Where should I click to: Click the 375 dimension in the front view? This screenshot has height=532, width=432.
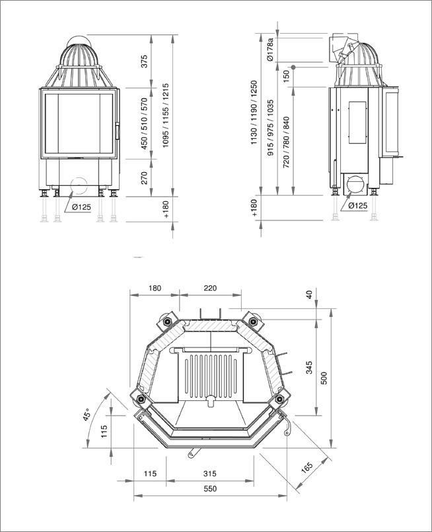tap(145, 62)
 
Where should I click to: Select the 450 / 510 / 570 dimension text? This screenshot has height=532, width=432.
tap(145, 124)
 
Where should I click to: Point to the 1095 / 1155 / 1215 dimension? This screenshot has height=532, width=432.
tap(166, 115)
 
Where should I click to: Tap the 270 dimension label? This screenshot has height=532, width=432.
tap(145, 178)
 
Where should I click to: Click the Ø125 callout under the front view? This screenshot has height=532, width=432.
tap(81, 206)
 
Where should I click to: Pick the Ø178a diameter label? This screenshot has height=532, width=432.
tap(270, 50)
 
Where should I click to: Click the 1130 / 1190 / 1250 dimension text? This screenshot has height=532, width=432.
tap(254, 112)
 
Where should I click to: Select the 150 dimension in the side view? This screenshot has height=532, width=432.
tap(286, 76)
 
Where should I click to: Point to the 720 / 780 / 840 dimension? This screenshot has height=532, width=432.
tap(286, 142)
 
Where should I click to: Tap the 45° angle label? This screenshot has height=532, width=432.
tap(87, 415)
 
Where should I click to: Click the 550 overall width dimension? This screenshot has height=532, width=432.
tap(210, 488)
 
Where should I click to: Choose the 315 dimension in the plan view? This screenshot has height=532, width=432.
tap(210, 473)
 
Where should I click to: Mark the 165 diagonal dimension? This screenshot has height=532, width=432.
tap(307, 467)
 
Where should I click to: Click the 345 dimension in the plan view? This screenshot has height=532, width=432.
tap(309, 368)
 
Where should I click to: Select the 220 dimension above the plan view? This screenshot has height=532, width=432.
tap(210, 288)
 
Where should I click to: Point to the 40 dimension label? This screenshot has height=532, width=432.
tap(309, 294)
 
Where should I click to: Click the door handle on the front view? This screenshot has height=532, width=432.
tap(118, 131)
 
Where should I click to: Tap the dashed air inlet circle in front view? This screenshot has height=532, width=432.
tap(79, 185)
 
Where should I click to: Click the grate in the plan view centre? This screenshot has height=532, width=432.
tap(211, 377)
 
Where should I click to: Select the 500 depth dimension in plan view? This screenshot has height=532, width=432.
tap(324, 378)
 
